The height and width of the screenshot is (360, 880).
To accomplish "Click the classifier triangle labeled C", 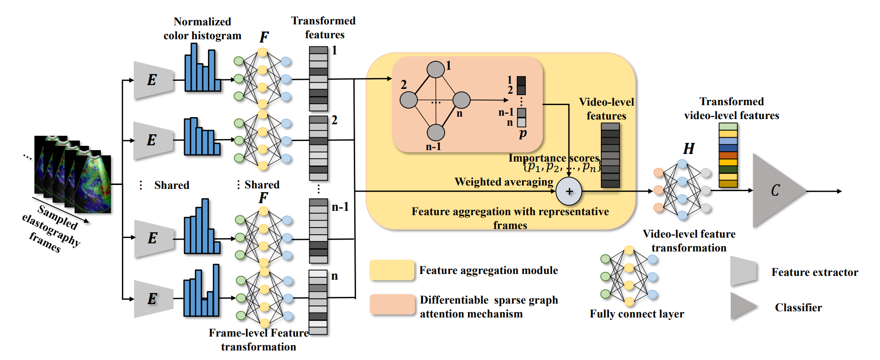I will point(774,191).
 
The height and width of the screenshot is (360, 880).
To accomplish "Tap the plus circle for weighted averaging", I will point(569,191).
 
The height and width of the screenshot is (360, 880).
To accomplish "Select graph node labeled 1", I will point(435,69).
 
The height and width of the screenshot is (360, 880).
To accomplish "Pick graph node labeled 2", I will point(409,100).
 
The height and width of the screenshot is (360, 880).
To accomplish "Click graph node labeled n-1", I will point(435,132).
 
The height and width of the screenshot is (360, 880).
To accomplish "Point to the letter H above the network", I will point(688,149).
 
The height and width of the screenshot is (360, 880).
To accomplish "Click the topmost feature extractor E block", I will point(152,80).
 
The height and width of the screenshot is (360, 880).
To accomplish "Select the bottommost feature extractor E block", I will point(152,299).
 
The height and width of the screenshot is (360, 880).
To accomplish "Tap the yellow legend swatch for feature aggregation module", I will point(392,270).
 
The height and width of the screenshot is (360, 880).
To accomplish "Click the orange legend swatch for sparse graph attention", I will point(392,305).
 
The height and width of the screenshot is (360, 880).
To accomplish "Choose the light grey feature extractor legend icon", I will point(744,272).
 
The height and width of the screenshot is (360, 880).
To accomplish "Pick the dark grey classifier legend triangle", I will point(743,306).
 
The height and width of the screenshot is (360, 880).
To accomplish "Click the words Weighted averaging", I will point(504,182).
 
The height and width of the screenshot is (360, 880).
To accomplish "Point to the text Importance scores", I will point(554,158).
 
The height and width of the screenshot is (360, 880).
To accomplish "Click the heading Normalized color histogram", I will point(202,29).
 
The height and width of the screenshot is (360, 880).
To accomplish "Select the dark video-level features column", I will point(610,155).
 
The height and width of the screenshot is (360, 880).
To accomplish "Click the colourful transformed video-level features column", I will point(728,155).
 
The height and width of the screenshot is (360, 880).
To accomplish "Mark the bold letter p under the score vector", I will point(522,134).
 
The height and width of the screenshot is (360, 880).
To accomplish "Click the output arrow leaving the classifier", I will point(824,191).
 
